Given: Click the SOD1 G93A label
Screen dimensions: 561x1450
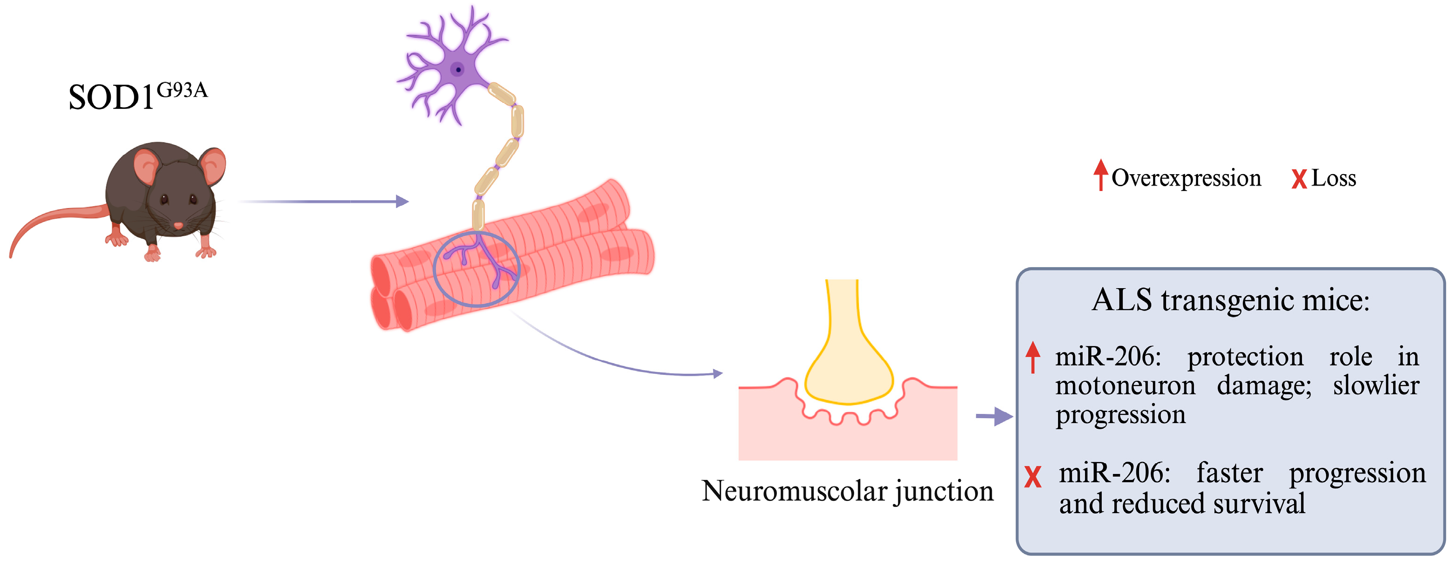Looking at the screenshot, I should point(137,96).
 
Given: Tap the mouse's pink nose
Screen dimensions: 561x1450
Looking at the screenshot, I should point(178,226).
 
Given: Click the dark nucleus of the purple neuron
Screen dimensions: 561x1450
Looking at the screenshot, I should point(458,70).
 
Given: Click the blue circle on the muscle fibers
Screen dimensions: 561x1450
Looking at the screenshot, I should point(477,269).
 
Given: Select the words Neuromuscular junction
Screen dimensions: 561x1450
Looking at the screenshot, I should point(847,491).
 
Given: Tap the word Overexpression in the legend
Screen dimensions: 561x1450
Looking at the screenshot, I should point(1186,178).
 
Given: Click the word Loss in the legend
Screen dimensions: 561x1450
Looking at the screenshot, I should point(1334,178).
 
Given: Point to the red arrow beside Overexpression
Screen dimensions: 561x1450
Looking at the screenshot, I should point(1101,175).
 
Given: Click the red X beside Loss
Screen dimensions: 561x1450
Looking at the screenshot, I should point(1299,179).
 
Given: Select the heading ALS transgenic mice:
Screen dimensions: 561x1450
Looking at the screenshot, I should point(1230,300).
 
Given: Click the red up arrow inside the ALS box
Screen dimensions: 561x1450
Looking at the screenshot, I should point(1032,357).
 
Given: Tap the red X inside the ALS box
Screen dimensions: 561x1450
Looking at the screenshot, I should point(1032,477).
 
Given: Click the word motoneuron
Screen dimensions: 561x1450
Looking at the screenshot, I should point(1125,386).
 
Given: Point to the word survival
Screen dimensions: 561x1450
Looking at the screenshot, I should point(1259,503).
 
